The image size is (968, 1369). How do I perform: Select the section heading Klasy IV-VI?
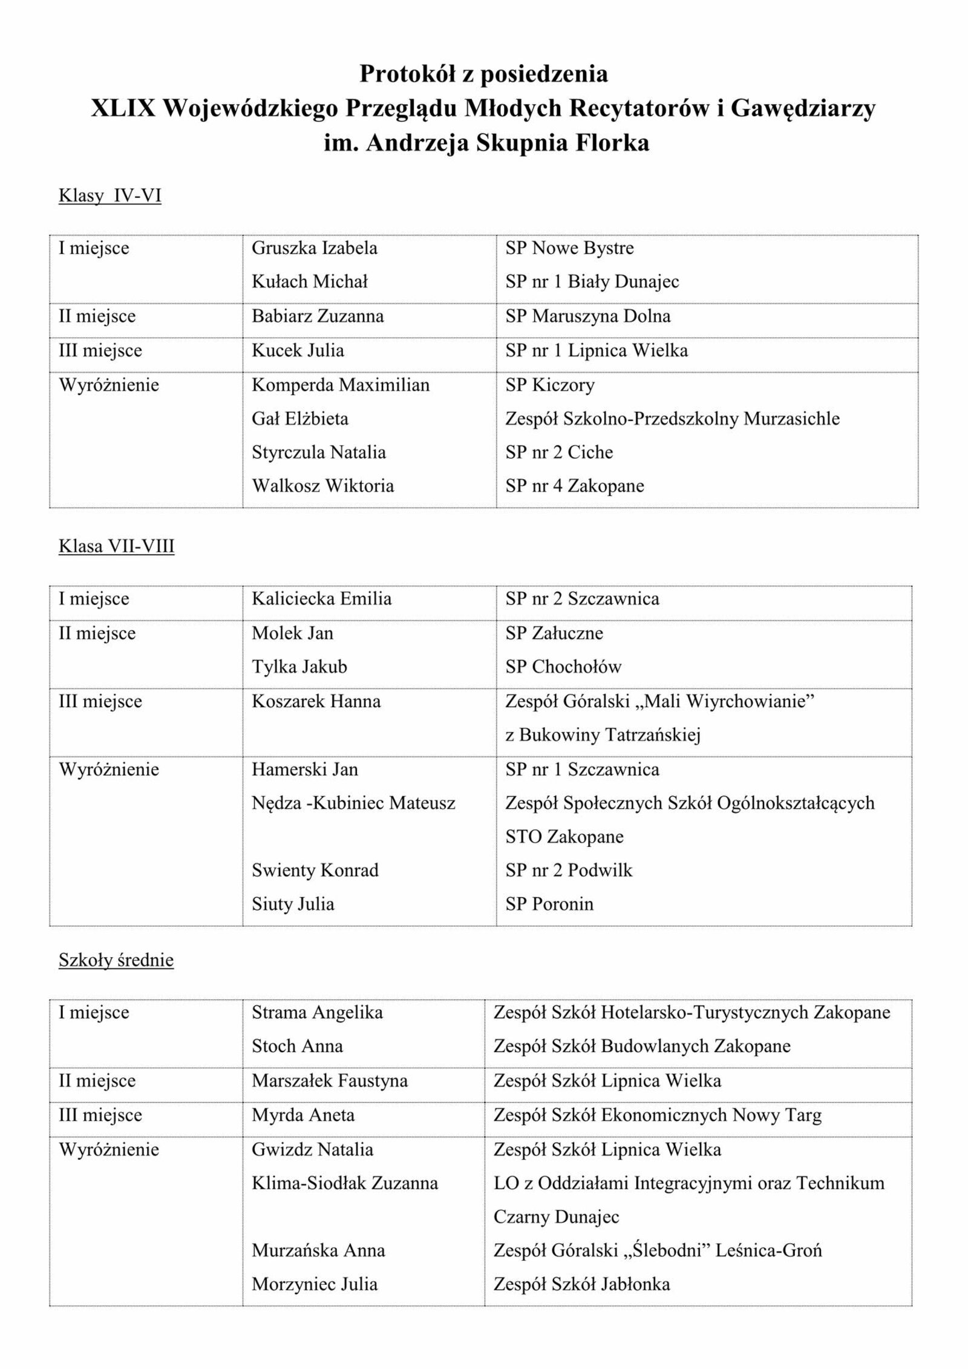tap(110, 196)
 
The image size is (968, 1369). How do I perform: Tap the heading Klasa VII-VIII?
tap(116, 546)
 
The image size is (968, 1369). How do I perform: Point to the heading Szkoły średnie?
tap(116, 960)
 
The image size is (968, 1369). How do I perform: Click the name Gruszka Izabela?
tap(314, 248)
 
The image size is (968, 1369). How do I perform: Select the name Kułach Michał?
tap(309, 281)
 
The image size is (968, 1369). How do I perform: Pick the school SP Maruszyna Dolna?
tap(587, 316)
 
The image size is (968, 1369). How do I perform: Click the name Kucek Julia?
tap(298, 350)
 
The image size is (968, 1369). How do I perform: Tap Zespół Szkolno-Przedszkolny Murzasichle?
tap(672, 419)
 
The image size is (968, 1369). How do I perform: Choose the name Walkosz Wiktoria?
tap(322, 486)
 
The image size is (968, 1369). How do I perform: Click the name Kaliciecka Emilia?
tap(321, 599)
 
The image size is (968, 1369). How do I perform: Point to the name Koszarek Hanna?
tap(316, 702)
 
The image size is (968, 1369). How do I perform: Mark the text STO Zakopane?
tap(564, 837)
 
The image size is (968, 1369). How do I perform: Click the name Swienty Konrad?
tap(315, 871)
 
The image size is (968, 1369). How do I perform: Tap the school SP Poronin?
tap(549, 904)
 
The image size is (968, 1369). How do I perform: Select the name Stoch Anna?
tap(297, 1046)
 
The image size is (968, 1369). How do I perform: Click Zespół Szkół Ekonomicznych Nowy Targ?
tap(658, 1115)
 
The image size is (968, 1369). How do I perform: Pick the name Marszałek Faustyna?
tap(329, 1080)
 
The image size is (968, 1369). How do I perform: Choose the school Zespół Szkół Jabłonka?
tap(581, 1284)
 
